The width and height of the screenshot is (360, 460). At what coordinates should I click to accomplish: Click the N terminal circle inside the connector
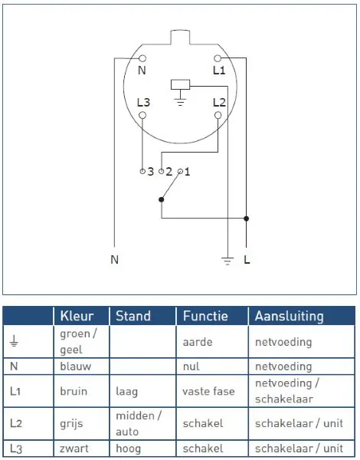click(142, 58)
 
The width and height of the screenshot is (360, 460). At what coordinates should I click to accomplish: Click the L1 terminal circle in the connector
click(218, 58)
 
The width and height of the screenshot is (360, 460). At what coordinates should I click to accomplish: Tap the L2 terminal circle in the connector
click(218, 115)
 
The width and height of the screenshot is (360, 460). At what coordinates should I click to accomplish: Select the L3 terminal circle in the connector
click(142, 115)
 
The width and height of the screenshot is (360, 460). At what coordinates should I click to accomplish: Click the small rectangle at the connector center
click(180, 84)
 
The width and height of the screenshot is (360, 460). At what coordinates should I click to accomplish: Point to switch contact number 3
click(142, 171)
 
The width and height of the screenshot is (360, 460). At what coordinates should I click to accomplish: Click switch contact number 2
click(162, 171)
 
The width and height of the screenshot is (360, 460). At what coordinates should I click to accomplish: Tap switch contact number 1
click(180, 171)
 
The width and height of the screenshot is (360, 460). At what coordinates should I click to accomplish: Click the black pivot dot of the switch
click(162, 199)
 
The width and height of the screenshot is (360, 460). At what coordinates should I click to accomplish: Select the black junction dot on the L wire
click(246, 219)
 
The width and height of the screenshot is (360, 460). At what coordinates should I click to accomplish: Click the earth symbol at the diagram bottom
click(227, 261)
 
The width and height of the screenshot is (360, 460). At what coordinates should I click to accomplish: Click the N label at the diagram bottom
click(115, 259)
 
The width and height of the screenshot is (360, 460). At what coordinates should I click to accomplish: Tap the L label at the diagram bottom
click(247, 259)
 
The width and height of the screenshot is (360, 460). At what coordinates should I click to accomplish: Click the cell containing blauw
click(81, 366)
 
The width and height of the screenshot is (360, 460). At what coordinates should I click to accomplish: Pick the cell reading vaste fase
click(212, 391)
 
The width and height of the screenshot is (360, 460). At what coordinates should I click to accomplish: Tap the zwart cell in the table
click(81, 449)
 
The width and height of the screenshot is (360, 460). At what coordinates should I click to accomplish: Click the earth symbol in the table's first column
click(14, 342)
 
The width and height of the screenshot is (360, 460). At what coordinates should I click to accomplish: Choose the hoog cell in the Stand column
click(142, 449)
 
